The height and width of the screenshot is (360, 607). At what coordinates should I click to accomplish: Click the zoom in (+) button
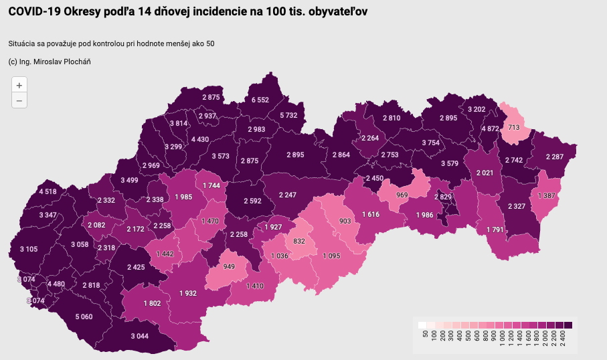(19, 85)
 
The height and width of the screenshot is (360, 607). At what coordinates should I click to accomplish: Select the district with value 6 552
(260, 100)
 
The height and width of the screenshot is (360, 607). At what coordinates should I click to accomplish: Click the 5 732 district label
(288, 115)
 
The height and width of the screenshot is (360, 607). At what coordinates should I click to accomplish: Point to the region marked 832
(299, 241)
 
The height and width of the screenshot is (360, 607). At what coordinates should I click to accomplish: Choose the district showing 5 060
(84, 317)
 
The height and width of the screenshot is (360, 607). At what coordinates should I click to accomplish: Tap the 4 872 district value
(490, 128)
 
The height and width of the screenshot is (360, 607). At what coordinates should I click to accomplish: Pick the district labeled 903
(345, 221)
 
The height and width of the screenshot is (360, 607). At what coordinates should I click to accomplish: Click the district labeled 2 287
(555, 157)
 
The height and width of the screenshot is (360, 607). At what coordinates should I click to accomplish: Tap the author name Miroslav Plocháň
(65, 62)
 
